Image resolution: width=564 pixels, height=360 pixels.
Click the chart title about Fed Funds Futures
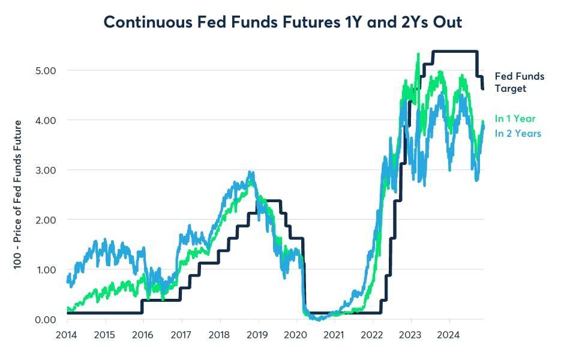[283, 22]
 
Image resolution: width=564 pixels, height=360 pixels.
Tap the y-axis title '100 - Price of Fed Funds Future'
[17, 194]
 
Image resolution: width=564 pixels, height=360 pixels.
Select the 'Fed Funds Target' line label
[520, 82]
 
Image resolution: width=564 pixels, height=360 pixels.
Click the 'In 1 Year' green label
[515, 119]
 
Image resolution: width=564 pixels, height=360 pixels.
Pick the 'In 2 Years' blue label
[518, 133]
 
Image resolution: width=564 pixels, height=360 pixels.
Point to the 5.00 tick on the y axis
[46, 70]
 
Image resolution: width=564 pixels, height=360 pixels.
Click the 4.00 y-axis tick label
[46, 120]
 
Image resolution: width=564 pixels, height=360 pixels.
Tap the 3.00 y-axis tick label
[46, 170]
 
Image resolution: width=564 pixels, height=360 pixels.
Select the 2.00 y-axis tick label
[46, 220]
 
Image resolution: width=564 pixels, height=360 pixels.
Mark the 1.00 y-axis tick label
[46, 270]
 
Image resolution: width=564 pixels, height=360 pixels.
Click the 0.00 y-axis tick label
[46, 319]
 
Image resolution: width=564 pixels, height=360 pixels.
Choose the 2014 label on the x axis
[67, 335]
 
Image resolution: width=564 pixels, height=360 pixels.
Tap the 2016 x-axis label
[143, 335]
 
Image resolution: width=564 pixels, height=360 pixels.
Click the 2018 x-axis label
[219, 335]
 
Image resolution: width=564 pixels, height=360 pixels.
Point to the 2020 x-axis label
[295, 335]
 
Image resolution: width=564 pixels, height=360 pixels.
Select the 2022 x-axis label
[372, 335]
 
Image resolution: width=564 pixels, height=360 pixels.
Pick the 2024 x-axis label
[448, 335]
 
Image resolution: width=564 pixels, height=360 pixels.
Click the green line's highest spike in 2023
[418, 55]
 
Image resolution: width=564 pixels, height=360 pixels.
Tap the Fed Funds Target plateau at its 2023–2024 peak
[455, 52]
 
